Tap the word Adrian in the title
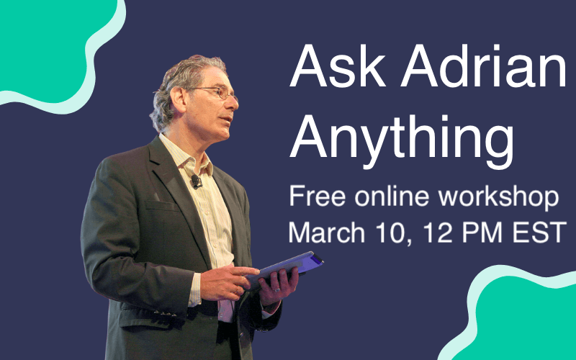[484, 66]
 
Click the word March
[327, 232]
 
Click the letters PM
[482, 232]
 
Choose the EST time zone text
[539, 232]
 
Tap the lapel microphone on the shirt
[196, 181]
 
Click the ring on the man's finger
[277, 290]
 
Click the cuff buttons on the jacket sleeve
[166, 313]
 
